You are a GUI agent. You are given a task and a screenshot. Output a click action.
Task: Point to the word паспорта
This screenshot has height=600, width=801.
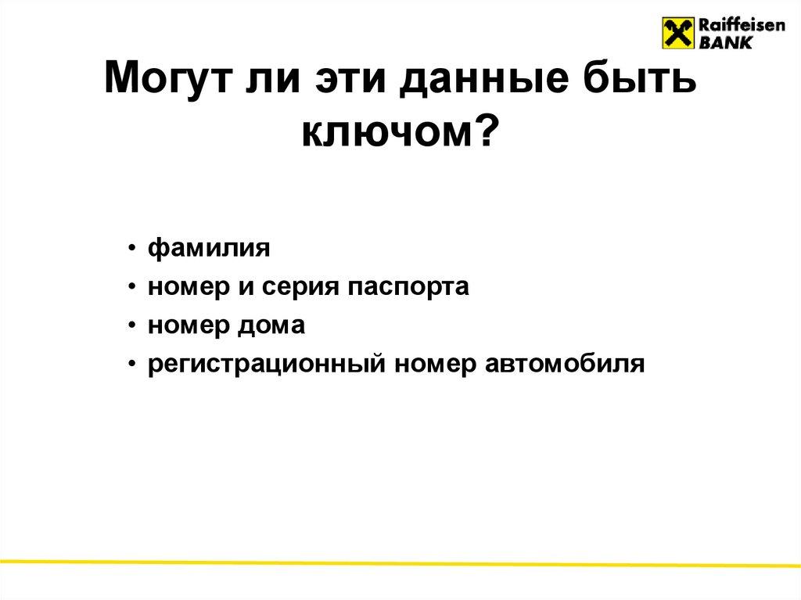point(404,288)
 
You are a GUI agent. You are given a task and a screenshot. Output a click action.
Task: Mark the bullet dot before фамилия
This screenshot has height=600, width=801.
point(135,250)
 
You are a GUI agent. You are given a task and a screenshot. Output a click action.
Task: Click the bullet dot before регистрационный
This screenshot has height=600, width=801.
point(135,364)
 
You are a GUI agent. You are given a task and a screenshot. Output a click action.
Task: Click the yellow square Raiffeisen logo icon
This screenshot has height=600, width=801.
point(678,34)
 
